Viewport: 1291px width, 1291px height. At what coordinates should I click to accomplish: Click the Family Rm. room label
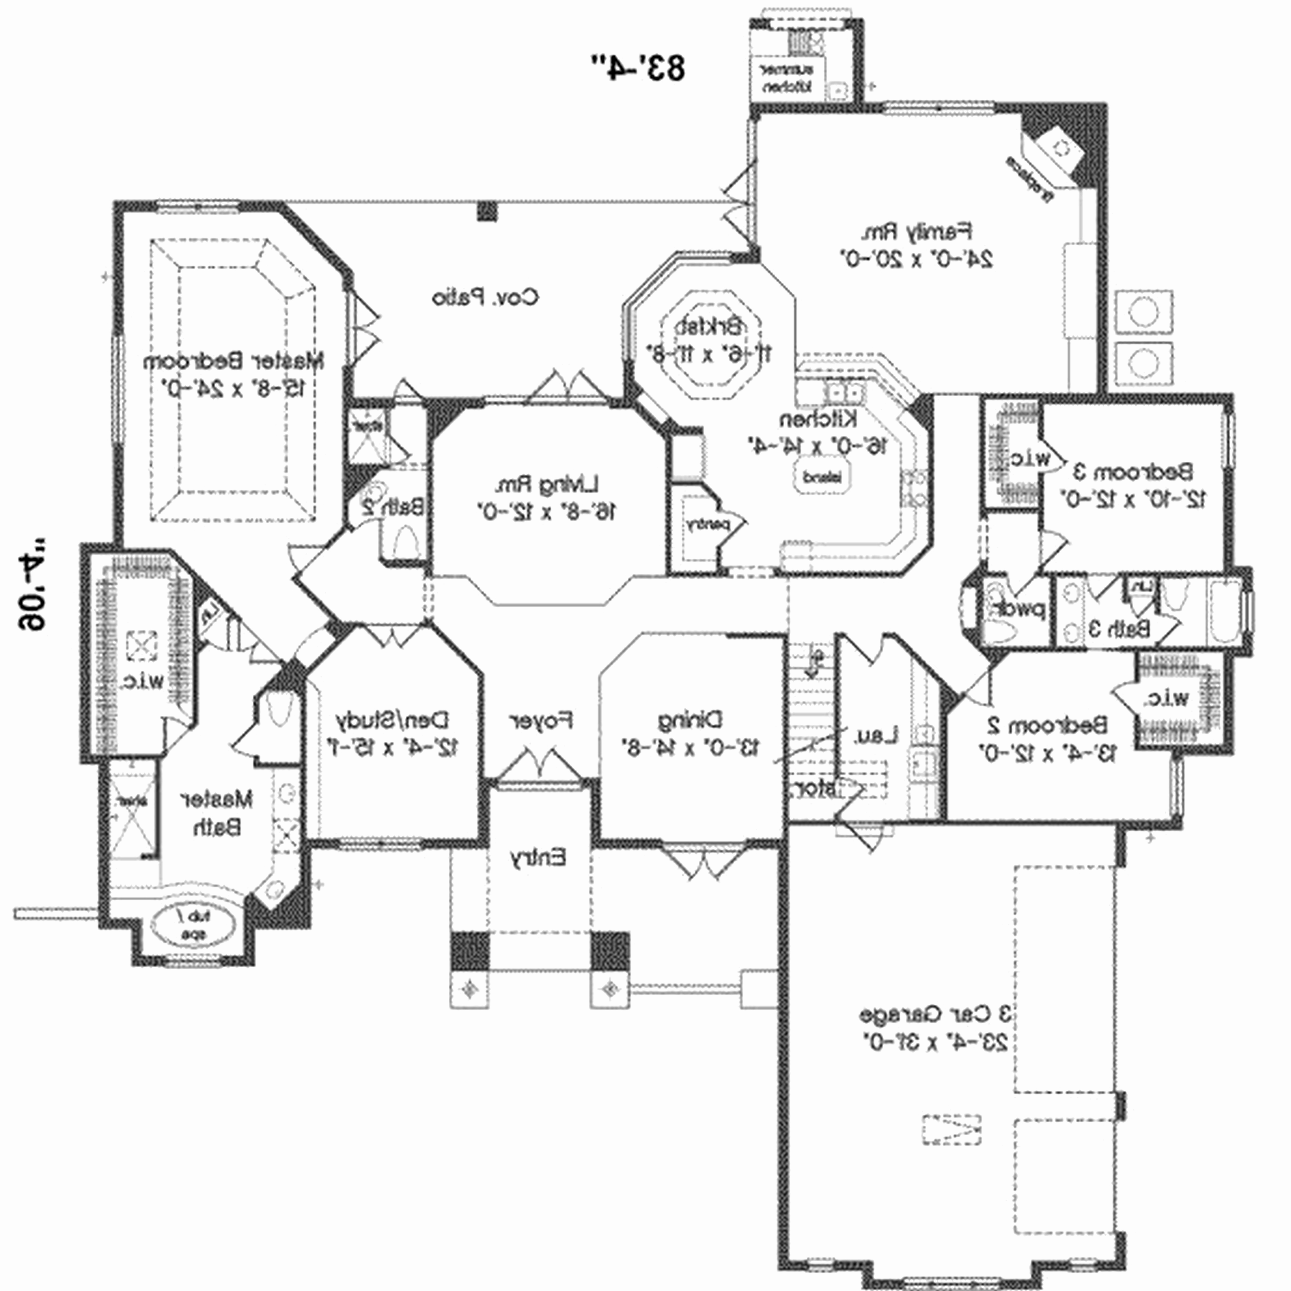tap(916, 232)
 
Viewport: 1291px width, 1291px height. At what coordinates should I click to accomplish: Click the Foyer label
tap(541, 720)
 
